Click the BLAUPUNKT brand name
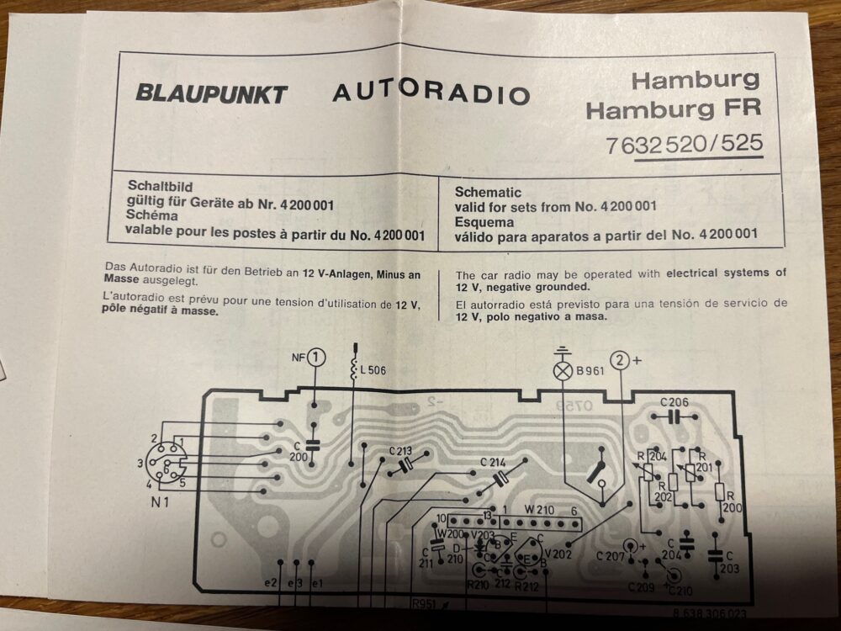(x=211, y=93)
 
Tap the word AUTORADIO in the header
(x=431, y=92)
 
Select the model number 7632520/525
(x=684, y=145)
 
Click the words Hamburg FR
(x=672, y=109)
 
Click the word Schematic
(x=488, y=192)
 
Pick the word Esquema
(x=484, y=220)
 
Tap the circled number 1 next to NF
(x=315, y=358)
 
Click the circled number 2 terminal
(x=620, y=361)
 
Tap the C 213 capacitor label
(x=400, y=451)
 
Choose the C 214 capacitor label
(x=493, y=462)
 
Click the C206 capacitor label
(x=674, y=401)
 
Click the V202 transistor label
(x=558, y=553)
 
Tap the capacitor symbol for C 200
(x=315, y=443)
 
